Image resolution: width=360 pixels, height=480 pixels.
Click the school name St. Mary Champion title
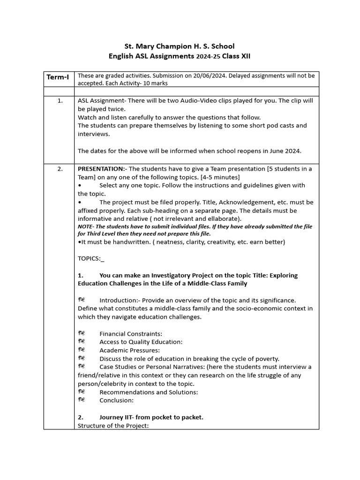(179, 46)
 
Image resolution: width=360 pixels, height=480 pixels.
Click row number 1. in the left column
(60, 100)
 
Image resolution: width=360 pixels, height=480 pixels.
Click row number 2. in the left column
(60, 169)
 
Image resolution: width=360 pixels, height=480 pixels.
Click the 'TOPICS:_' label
(91, 258)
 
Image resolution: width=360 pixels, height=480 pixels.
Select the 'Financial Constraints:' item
(131, 334)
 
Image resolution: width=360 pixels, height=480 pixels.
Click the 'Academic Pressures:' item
(129, 350)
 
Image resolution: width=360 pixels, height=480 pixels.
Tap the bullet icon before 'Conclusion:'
(82, 400)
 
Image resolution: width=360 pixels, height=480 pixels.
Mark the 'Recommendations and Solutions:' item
(149, 392)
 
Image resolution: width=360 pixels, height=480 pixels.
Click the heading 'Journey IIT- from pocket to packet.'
(151, 417)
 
